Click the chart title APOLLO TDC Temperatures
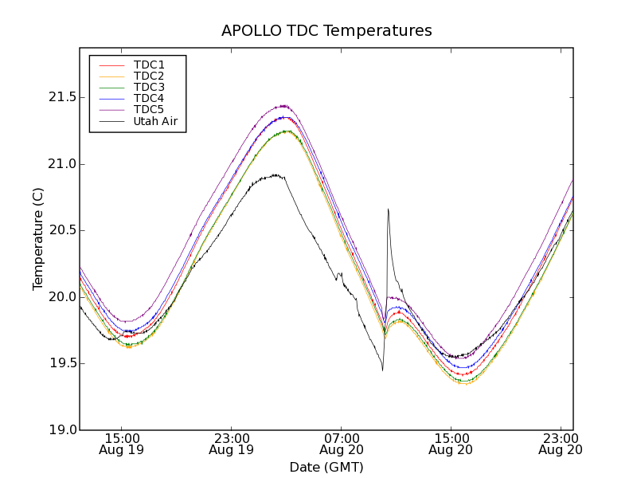coord(326,31)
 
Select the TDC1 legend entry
coord(149,65)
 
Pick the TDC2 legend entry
coord(149,76)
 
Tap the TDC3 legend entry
coord(149,87)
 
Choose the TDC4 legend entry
coord(149,98)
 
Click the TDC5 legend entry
coord(149,109)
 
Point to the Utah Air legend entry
coord(155,121)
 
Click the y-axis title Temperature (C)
coord(38,239)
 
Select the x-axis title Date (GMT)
coord(326,467)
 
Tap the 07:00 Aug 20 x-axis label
coord(341,444)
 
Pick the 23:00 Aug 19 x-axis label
coord(231,444)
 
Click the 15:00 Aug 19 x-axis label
coord(121,444)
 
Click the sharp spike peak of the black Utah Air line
coord(388,209)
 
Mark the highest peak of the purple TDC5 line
coord(283,105)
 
